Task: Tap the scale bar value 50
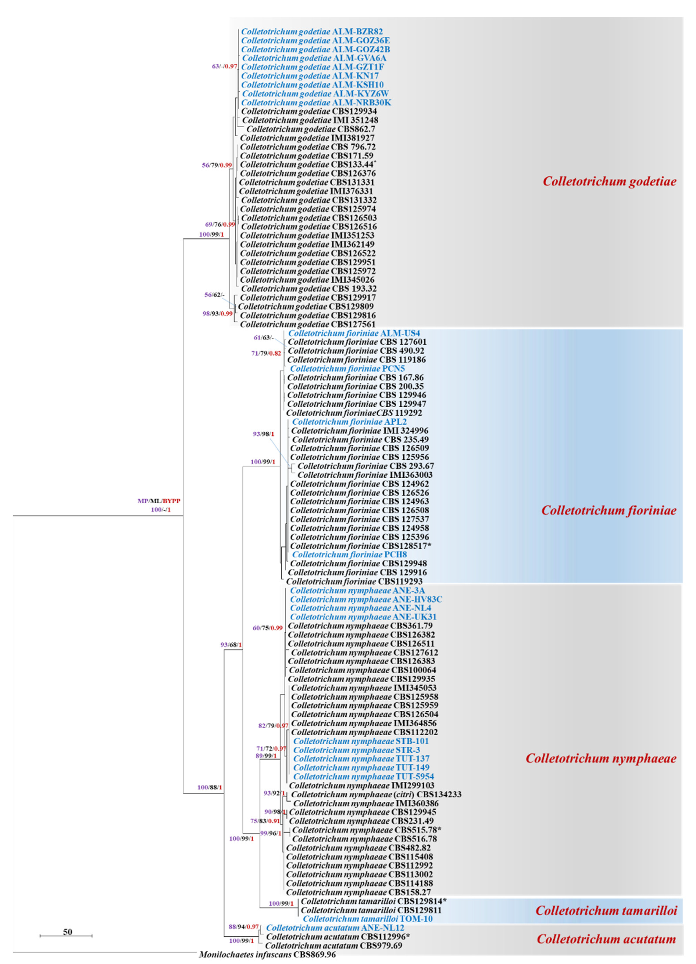pyautogui.click(x=67, y=932)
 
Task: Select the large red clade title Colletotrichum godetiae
pyautogui.click(x=609, y=181)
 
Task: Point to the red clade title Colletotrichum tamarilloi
pyautogui.click(x=606, y=911)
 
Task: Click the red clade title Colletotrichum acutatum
pyautogui.click(x=606, y=939)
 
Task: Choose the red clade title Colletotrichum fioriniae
pyautogui.click(x=608, y=510)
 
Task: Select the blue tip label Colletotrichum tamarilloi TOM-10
pyautogui.click(x=368, y=919)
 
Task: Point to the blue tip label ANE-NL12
pyautogui.click(x=335, y=928)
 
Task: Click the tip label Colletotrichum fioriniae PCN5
pyautogui.click(x=347, y=368)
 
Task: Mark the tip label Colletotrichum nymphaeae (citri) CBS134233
pyautogui.click(x=376, y=794)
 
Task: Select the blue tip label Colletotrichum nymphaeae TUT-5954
pyautogui.click(x=363, y=777)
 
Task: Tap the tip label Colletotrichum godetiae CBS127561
pyautogui.click(x=308, y=324)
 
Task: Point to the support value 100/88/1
pyautogui.click(x=210, y=787)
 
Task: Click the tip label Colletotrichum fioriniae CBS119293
pyautogui.click(x=354, y=581)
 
